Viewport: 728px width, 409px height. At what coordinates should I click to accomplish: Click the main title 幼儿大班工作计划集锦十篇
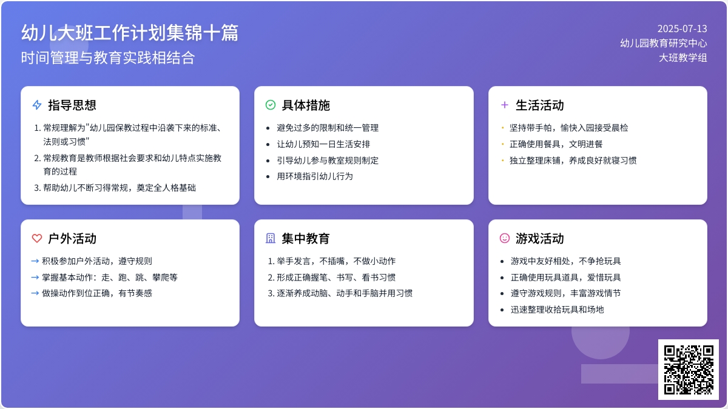coord(130,33)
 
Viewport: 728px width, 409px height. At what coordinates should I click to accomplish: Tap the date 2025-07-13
coord(682,29)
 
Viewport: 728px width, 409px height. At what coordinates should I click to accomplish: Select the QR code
coord(689,370)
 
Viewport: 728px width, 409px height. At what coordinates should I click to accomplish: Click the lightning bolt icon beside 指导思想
coord(37,105)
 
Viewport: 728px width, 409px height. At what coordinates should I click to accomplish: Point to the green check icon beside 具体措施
coord(271,105)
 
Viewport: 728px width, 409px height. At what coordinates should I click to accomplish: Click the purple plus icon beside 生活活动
coord(504,105)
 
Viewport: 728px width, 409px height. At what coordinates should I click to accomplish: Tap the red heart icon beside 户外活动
coord(37,238)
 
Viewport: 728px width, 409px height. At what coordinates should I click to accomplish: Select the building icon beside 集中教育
coord(271,238)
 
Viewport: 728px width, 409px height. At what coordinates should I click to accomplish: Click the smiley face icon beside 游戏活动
coord(504,238)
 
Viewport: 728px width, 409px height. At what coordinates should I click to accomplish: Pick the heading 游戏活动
coord(539,239)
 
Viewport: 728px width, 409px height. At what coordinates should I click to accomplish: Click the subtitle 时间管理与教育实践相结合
coord(108,58)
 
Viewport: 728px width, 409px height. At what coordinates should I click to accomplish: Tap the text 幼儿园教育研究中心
coord(663,43)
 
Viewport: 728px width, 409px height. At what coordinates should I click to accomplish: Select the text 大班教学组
coord(683,58)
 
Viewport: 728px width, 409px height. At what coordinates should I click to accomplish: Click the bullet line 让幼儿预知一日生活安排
coord(323,144)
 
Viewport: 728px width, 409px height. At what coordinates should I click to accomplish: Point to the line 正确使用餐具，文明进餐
coord(556,144)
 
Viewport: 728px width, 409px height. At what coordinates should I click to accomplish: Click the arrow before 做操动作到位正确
coord(35,293)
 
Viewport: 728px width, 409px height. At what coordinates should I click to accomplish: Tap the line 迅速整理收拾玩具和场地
coord(557,310)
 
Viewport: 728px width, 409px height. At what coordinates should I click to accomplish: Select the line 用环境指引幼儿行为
coord(315,176)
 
